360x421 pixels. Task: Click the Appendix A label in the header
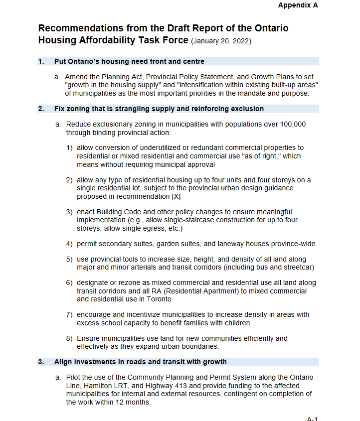298,5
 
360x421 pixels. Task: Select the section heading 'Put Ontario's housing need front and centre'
129,62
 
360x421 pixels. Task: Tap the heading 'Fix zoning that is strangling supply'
159,109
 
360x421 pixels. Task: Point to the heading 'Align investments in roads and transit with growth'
140,362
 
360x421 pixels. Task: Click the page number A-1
312,419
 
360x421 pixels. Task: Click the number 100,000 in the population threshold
290,124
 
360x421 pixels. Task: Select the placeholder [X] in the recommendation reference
177,197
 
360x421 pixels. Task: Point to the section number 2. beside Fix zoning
41,109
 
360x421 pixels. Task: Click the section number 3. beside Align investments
41,362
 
